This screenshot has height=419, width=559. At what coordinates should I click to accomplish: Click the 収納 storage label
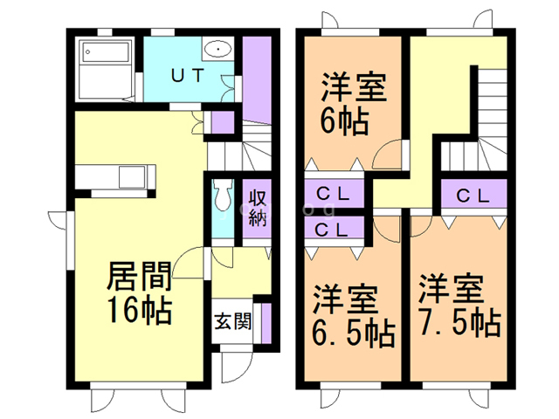tap(256, 207)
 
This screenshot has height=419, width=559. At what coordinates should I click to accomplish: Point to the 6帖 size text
tap(343, 118)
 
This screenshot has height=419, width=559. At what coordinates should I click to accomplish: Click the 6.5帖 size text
tap(353, 332)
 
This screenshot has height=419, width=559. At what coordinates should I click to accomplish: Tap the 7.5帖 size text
tap(458, 322)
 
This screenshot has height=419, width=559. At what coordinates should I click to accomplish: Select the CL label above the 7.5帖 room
tap(473, 194)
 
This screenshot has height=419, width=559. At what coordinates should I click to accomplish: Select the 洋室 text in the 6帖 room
tap(353, 87)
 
